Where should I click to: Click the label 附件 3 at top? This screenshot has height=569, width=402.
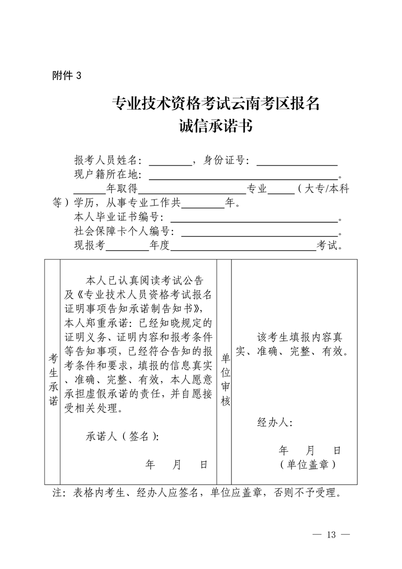click(66, 76)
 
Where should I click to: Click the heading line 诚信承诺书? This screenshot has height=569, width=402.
click(216, 126)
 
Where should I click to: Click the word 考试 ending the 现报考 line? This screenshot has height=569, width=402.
click(330, 246)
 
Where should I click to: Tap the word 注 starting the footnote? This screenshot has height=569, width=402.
click(57, 492)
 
